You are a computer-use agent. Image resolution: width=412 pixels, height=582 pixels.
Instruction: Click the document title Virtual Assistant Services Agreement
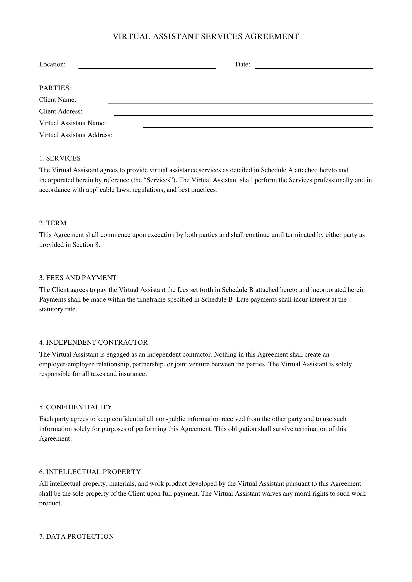coord(206,37)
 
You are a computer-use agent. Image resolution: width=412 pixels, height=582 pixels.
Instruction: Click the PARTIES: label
coord(55,88)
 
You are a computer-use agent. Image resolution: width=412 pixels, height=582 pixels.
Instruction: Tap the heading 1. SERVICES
coord(60,159)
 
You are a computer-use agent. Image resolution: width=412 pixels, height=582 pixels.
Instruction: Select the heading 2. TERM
coord(53,223)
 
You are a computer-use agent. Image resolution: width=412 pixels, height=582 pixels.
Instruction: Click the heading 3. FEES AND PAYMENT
coord(78,278)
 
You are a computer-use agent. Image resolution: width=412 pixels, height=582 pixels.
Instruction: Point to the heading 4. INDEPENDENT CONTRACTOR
coord(93,342)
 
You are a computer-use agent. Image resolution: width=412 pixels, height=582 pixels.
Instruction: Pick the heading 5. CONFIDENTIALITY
coord(76,407)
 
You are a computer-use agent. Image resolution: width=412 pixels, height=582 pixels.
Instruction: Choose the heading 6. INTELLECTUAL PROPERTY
coord(90,472)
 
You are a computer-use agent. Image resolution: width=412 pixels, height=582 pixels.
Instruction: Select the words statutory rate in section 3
coord(58,309)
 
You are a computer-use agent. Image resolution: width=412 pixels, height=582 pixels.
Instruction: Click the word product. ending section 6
coord(51,503)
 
